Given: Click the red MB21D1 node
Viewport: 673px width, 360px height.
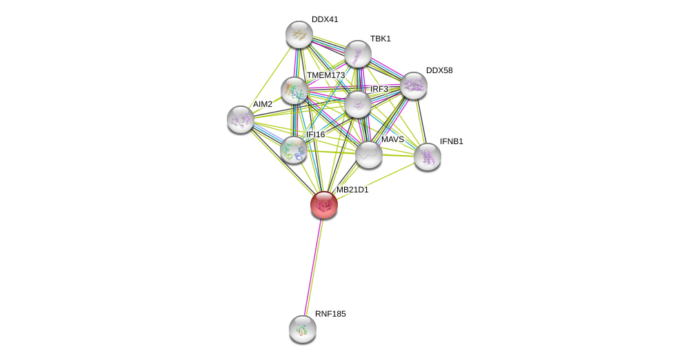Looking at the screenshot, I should (x=323, y=205).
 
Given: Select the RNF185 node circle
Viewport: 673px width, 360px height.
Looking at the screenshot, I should (x=303, y=329).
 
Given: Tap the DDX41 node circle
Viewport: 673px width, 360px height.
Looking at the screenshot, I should (x=299, y=34).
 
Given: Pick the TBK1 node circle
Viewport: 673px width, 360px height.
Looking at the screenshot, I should (x=358, y=54).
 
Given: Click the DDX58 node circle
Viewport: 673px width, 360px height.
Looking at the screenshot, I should (x=414, y=86).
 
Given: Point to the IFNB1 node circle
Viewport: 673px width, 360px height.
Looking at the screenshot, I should (x=428, y=157).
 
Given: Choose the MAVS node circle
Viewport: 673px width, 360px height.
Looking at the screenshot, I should (x=369, y=154).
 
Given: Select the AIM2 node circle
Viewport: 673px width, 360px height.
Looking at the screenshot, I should (x=241, y=119).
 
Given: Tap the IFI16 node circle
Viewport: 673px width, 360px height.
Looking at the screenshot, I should (x=294, y=150).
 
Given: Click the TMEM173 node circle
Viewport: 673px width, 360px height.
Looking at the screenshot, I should (x=294, y=90).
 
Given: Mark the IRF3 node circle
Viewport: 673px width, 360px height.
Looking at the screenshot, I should (x=358, y=104).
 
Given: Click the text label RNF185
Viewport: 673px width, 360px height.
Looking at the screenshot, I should (x=330, y=314).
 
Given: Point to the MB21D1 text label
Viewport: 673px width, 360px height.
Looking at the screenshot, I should (x=352, y=190).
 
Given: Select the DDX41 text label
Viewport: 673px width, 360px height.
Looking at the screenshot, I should (x=325, y=19).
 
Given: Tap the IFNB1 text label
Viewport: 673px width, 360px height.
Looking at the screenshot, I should (x=452, y=141).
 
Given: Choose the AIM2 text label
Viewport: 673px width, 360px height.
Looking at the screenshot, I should (x=263, y=104).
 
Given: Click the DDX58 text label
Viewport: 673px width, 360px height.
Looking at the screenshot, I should (x=439, y=70).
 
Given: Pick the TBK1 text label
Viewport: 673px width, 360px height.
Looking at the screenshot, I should (x=380, y=39).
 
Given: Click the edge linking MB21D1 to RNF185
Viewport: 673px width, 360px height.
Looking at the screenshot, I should (x=313, y=266).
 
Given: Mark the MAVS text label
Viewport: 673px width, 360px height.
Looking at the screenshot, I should (x=392, y=139).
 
